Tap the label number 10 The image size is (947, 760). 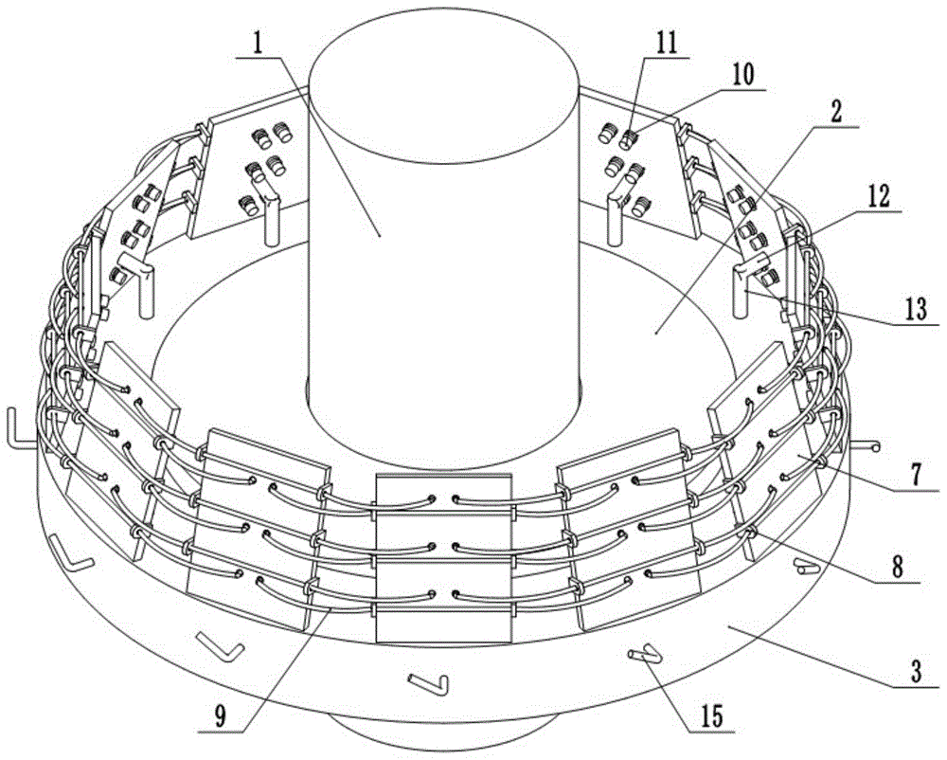point(742,76)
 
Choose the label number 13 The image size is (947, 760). point(916,309)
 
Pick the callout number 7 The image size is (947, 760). point(916,476)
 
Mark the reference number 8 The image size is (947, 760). point(898,568)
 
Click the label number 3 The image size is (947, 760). point(916,671)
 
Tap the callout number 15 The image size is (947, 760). point(711,716)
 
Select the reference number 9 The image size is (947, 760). point(220,716)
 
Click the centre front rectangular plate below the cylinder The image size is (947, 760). point(444,557)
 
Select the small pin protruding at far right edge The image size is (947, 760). point(868,446)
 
